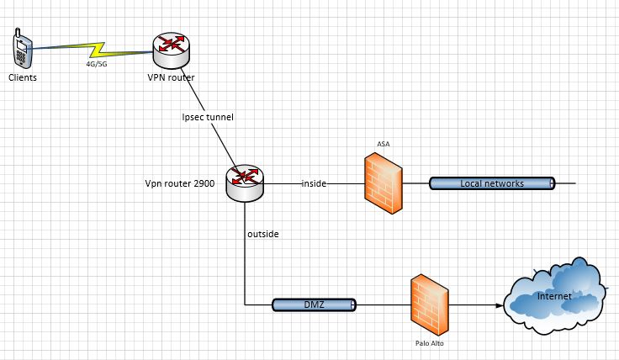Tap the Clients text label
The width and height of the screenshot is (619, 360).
[23, 77]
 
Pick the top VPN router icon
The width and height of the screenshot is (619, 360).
[172, 50]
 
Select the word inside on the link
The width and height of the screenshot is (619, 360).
[314, 183]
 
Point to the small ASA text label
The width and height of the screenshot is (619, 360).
[384, 144]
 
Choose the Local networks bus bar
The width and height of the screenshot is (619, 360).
[492, 183]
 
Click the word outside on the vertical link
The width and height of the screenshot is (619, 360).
[262, 234]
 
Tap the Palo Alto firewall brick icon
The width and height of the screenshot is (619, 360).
[431, 304]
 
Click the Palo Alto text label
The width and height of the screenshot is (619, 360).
[430, 343]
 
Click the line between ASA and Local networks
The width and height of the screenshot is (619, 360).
[415, 183]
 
